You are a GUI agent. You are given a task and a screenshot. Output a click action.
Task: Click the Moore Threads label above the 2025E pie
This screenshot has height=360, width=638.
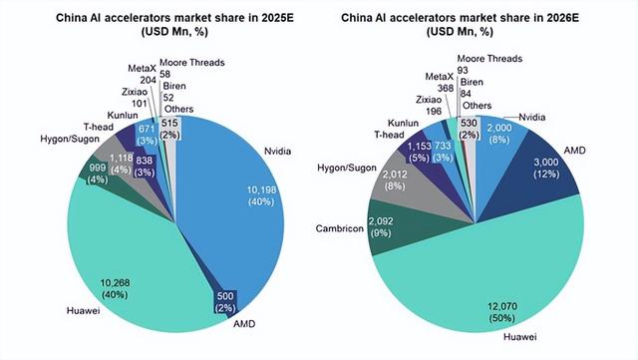[188, 63]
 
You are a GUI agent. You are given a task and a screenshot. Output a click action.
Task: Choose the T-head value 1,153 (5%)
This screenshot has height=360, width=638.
[415, 153]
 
